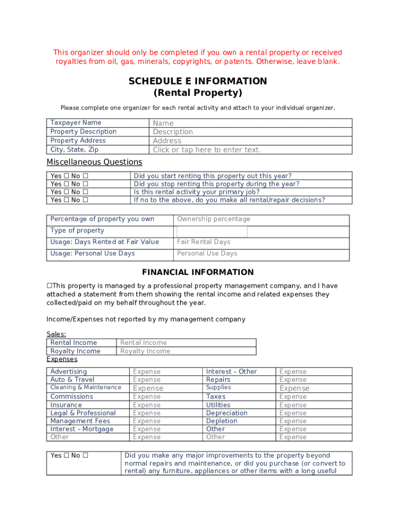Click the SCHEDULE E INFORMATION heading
point(197,81)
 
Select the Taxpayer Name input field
point(251,123)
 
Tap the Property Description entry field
point(251,132)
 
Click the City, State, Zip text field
point(251,150)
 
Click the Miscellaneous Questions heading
point(94,162)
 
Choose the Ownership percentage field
point(261,219)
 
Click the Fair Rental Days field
point(261,242)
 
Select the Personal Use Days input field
point(261,253)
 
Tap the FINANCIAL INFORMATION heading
point(197,272)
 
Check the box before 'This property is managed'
point(49,286)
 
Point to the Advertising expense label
point(68,372)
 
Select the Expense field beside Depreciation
point(314,413)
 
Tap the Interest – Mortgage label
point(82,429)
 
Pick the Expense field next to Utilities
point(314,405)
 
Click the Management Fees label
point(80,421)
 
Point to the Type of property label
point(77,231)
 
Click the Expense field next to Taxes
point(314,397)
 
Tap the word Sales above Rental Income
point(56,334)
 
